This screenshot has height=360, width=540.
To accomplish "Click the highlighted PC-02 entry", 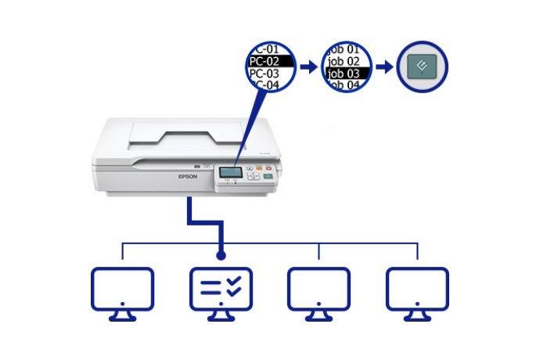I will [268, 59].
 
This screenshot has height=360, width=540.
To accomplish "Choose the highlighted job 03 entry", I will [345, 73].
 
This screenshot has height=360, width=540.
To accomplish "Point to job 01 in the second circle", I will [345, 49].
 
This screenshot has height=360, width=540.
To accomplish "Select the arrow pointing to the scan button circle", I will [383, 67].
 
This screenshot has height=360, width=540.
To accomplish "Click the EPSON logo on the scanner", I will [189, 177].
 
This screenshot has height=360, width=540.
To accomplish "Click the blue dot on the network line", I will [221, 255].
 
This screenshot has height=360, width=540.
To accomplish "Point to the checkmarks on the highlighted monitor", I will [235, 287].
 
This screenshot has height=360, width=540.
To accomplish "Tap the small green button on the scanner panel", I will [268, 176].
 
